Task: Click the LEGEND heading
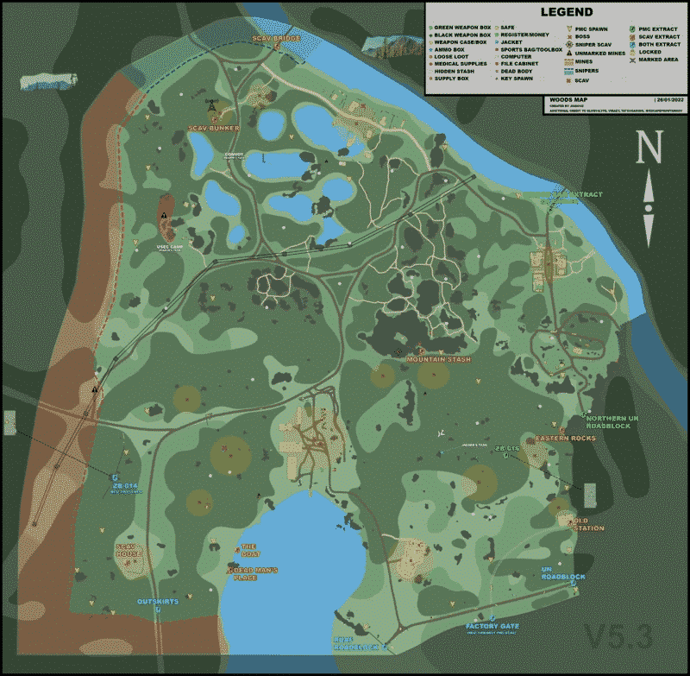[x=566, y=12]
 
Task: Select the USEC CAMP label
[x=170, y=246]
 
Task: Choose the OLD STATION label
[x=586, y=523]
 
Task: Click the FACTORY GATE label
[x=492, y=625]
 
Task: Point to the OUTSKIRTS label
[x=158, y=601]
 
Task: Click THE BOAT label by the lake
[x=249, y=550]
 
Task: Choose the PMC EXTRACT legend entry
[x=656, y=28]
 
